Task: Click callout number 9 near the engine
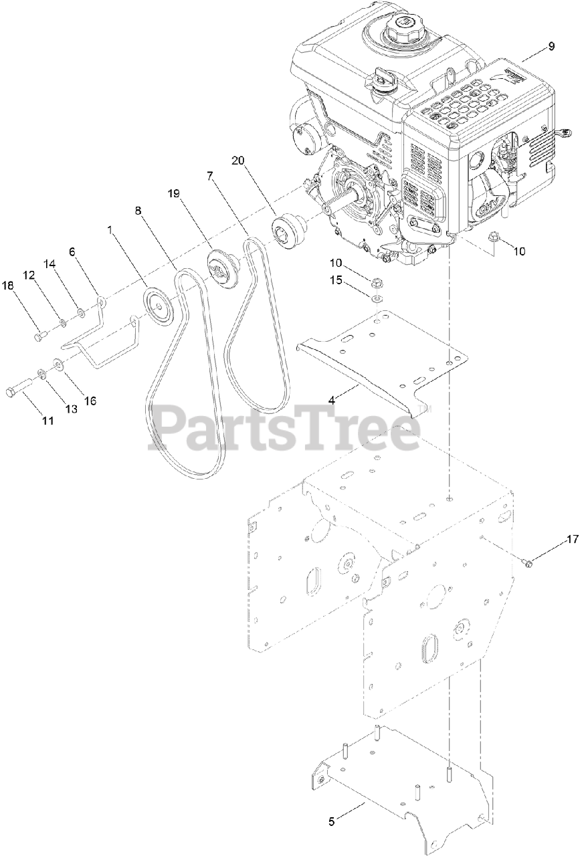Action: pos(551,46)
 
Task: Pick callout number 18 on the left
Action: pos(8,286)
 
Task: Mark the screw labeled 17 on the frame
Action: pos(528,565)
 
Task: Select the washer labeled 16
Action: pos(58,364)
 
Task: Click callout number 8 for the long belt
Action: pos(138,210)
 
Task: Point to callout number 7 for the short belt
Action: pos(209,177)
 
